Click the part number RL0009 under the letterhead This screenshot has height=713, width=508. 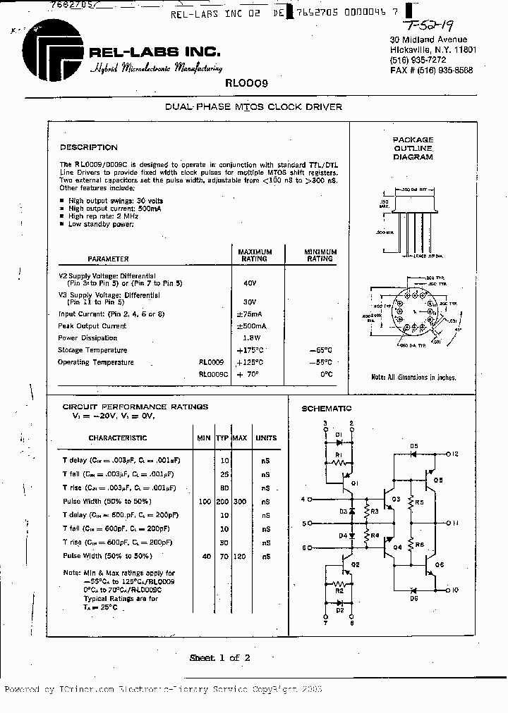tap(246, 82)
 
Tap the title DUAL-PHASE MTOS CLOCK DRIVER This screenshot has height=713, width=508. tap(253, 107)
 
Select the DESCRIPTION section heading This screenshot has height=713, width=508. tap(89, 147)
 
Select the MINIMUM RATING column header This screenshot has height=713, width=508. tap(320, 255)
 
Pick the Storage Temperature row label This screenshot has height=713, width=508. tap(93, 350)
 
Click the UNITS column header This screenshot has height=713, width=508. tap(266, 438)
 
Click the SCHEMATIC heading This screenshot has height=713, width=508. tap(327, 409)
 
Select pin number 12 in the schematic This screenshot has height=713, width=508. tap(455, 454)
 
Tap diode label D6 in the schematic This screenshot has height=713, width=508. tap(413, 597)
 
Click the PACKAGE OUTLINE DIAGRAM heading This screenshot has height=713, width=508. tap(413, 149)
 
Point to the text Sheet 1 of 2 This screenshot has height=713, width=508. tap(219, 658)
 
